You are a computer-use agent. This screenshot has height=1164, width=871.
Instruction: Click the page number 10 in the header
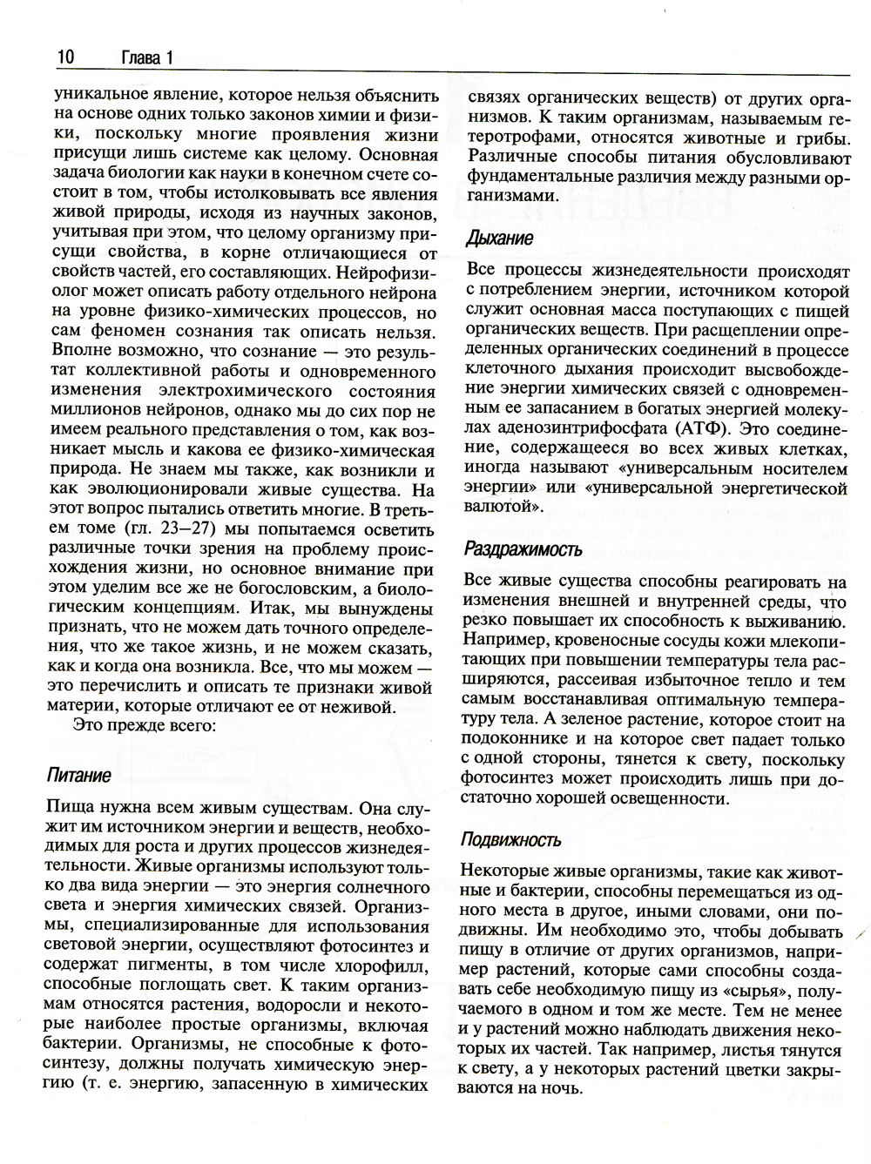[65, 58]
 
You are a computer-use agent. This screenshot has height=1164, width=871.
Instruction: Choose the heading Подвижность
[512, 840]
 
